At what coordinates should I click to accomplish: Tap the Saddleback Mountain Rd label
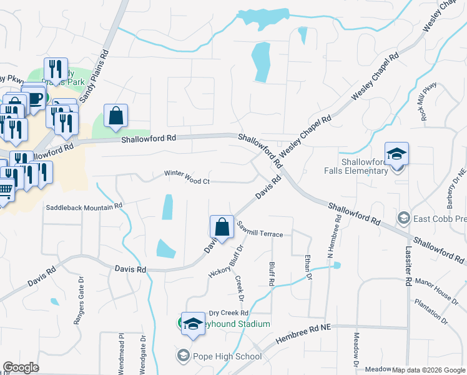(x=84, y=206)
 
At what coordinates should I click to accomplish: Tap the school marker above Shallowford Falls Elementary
(x=396, y=154)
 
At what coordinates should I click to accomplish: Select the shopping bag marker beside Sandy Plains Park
(x=116, y=116)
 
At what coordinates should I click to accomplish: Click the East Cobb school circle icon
(x=404, y=218)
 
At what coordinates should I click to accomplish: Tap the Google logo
(x=21, y=367)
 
